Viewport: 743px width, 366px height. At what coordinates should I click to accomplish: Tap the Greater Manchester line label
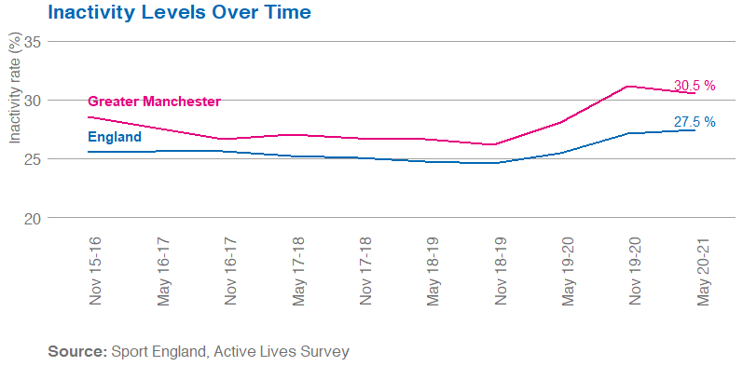[x=154, y=102]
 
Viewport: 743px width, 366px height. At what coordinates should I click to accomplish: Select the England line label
[x=115, y=138]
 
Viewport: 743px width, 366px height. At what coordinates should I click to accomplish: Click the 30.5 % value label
[x=694, y=86]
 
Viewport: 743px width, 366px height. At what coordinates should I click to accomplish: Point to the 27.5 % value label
[x=695, y=122]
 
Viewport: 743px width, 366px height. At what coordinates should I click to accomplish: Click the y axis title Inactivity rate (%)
[x=14, y=89]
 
